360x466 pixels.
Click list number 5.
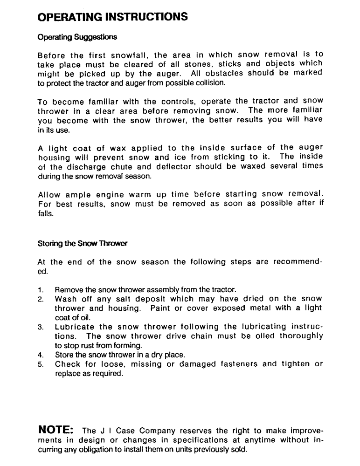click(x=41, y=363)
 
